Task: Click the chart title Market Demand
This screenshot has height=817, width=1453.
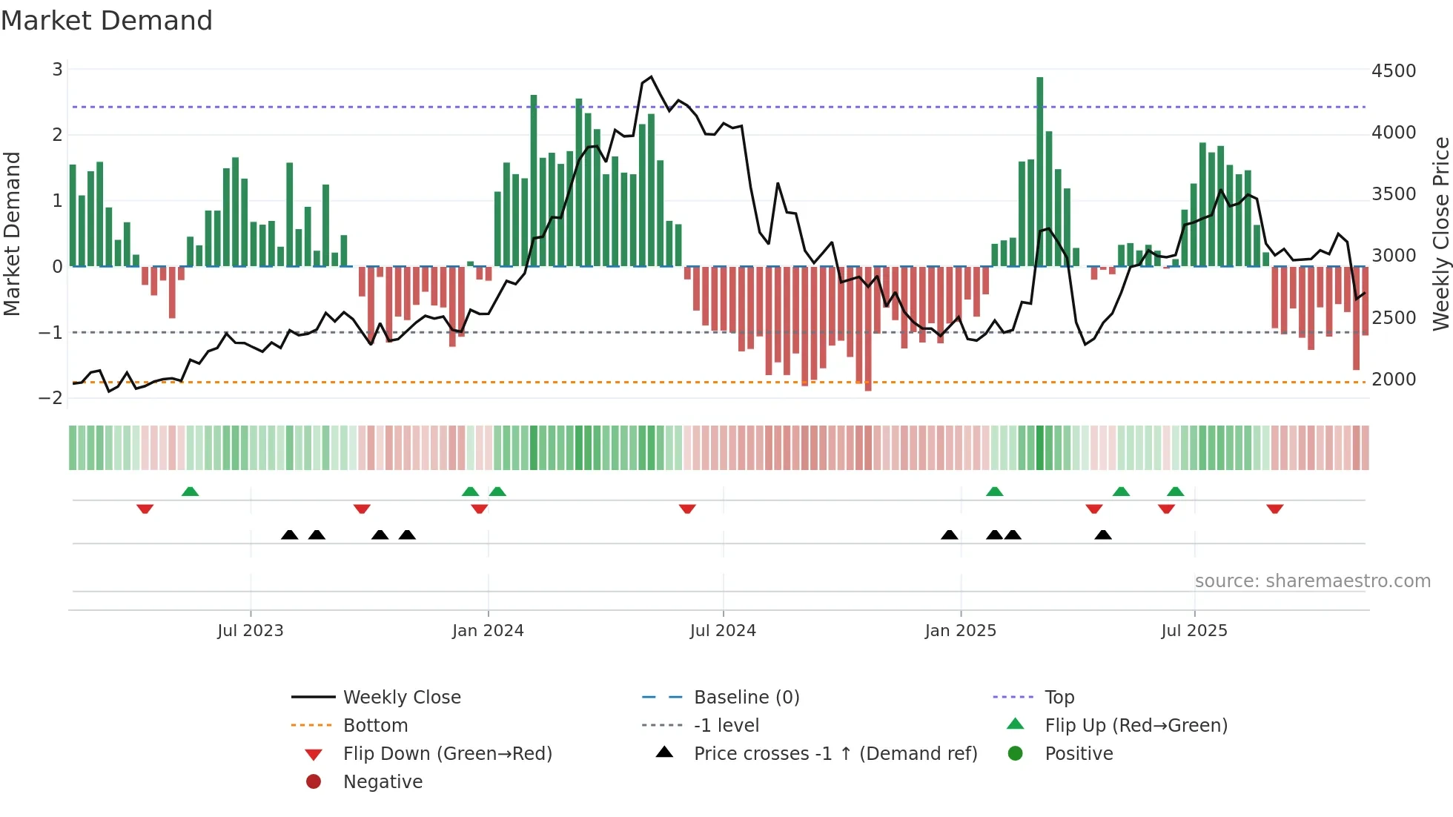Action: [107, 21]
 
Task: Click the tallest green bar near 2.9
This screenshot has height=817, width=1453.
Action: [1039, 171]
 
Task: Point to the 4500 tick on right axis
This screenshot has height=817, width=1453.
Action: [1393, 71]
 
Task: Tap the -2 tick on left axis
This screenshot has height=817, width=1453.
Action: [51, 398]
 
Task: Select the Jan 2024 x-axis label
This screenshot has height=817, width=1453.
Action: [488, 631]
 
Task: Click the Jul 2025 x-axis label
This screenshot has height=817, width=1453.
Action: [1194, 631]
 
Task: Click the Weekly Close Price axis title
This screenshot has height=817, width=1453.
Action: [1440, 234]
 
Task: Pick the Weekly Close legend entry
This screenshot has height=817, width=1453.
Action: [401, 698]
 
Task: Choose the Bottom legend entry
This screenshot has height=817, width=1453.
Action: [375, 726]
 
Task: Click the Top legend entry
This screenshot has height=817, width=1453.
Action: [1059, 698]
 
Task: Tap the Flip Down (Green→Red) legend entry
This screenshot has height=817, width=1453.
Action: [447, 754]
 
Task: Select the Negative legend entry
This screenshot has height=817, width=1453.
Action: [383, 782]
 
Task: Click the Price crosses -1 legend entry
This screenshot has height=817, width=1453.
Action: [835, 754]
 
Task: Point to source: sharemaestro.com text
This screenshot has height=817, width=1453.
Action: [1312, 581]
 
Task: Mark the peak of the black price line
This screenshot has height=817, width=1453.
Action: [651, 77]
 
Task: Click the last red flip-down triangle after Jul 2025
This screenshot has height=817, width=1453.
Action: [1274, 509]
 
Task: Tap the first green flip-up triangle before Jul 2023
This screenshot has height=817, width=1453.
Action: [190, 492]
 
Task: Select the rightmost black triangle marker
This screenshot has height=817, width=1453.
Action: [1102, 535]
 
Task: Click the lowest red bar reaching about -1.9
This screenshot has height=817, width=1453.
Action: [867, 330]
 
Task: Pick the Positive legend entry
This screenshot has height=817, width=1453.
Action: [1078, 754]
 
